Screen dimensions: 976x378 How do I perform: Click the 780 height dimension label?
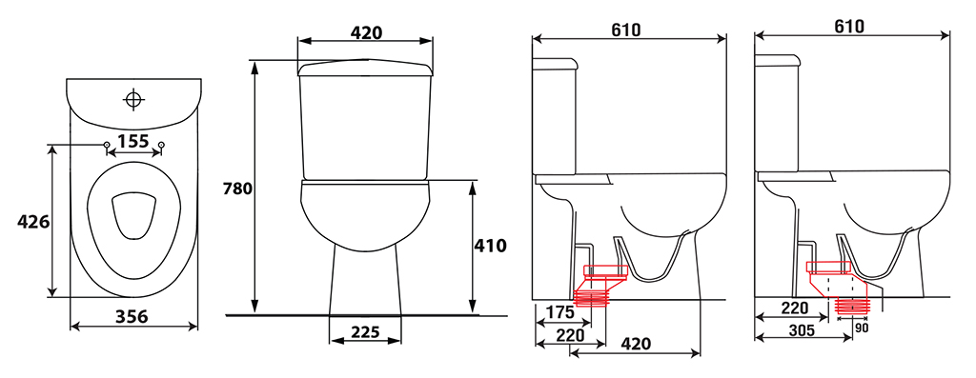[237, 189]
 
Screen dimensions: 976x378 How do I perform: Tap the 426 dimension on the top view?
[33, 221]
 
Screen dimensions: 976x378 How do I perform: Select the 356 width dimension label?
[132, 316]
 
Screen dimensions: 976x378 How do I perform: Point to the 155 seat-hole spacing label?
[133, 141]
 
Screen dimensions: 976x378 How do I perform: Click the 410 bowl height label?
[491, 246]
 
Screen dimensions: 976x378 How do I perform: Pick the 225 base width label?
[365, 332]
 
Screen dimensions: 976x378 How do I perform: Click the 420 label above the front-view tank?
[365, 33]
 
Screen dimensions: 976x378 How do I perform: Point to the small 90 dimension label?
[862, 328]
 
